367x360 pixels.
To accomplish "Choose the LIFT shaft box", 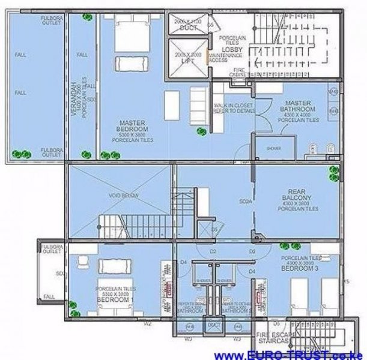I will tap(187, 58).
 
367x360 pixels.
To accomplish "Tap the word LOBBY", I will tap(231, 49).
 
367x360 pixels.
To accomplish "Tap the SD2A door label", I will tap(245, 202).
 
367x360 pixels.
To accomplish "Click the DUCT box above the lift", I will tap(186, 25).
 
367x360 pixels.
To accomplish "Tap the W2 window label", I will tap(148, 323).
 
